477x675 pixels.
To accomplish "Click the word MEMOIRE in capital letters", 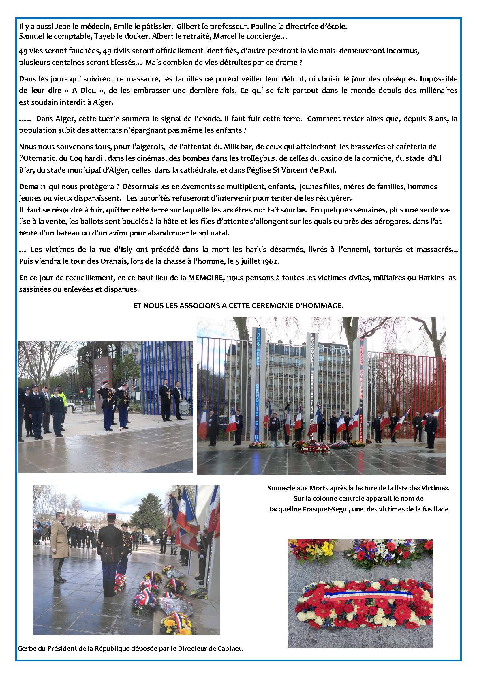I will click(205, 278).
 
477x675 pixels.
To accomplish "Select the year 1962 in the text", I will click(271, 261).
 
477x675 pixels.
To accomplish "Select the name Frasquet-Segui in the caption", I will click(320, 509).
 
